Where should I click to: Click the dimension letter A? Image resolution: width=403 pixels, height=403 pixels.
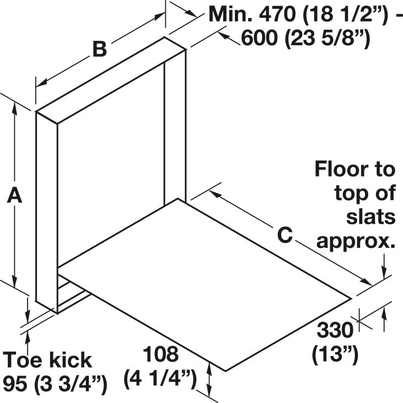pyautogui.click(x=14, y=195)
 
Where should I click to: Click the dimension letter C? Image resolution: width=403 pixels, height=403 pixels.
pyautogui.click(x=285, y=235)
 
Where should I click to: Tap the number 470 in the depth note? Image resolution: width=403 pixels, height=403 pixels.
pyautogui.click(x=277, y=14)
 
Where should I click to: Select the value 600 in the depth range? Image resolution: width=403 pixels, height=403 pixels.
pyautogui.click(x=260, y=38)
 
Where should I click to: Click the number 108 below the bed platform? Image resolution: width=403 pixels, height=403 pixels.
pyautogui.click(x=160, y=354)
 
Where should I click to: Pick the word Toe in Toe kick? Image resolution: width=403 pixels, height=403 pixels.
pyautogui.click(x=22, y=360)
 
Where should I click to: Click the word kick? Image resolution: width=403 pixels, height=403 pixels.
pyautogui.click(x=71, y=360)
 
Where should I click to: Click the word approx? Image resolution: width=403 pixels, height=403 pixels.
pyautogui.click(x=356, y=242)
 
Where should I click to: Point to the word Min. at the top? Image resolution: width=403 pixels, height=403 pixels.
pyautogui.click(x=231, y=14)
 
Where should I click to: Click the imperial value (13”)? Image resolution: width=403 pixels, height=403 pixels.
pyautogui.click(x=335, y=356)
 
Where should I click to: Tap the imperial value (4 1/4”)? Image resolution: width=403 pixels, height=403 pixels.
pyautogui.click(x=160, y=379)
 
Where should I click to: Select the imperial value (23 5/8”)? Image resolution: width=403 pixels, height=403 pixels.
pyautogui.click(x=327, y=39)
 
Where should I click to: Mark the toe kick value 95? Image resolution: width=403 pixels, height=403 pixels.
pyautogui.click(x=17, y=384)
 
